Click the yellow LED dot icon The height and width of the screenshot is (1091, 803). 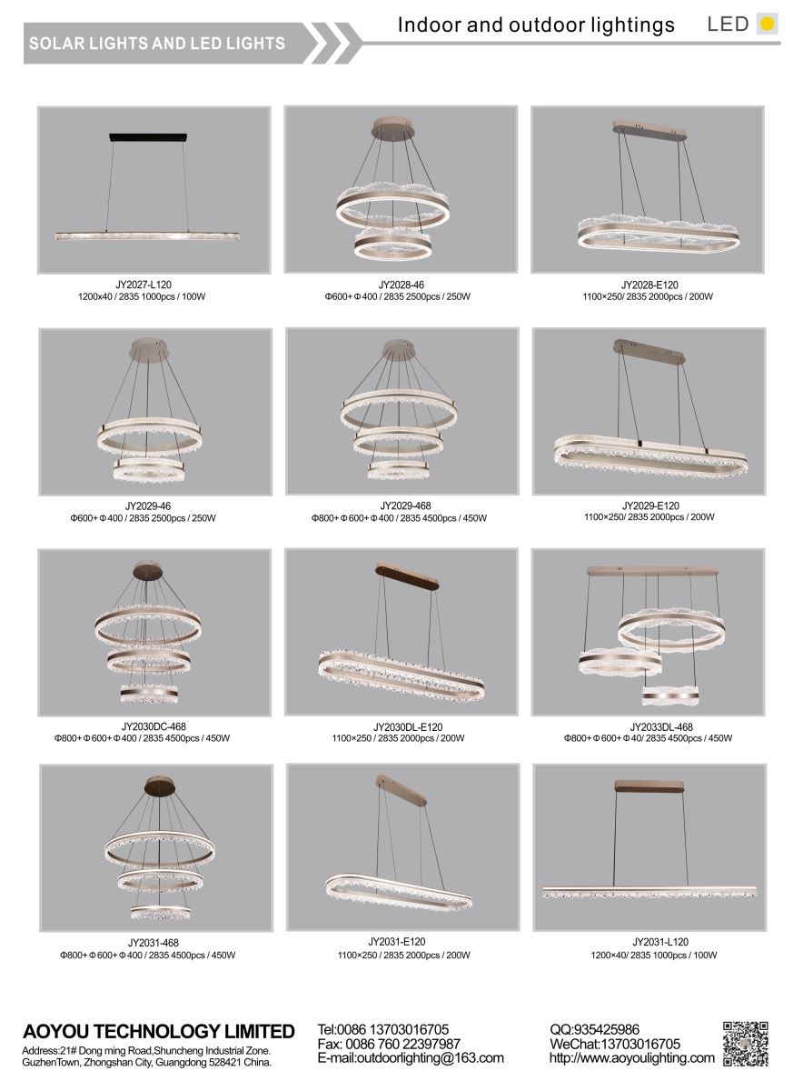click(767, 24)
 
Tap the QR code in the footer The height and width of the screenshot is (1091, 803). click(745, 1044)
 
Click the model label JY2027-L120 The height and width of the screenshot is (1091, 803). click(144, 285)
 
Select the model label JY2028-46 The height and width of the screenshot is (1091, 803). click(401, 285)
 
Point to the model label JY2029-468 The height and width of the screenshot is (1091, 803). click(405, 505)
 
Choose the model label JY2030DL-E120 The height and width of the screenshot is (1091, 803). click(408, 726)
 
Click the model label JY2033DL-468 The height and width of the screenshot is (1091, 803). click(661, 726)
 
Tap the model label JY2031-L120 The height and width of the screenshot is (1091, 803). click(660, 942)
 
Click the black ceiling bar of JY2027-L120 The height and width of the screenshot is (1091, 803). click(148, 137)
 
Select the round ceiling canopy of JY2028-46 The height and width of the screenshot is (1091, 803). click(393, 126)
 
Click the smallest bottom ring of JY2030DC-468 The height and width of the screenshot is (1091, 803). click(149, 694)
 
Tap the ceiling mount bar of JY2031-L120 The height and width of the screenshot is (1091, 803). click(649, 786)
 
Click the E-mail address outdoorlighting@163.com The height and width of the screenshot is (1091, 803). click(411, 1057)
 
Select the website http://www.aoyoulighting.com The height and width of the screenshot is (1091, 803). click(631, 1057)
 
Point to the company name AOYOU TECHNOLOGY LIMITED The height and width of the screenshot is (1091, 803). click(159, 1031)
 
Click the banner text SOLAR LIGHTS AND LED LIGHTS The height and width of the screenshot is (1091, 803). click(157, 44)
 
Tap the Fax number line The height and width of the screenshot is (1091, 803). click(389, 1044)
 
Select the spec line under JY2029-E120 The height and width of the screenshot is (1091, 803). click(649, 516)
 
